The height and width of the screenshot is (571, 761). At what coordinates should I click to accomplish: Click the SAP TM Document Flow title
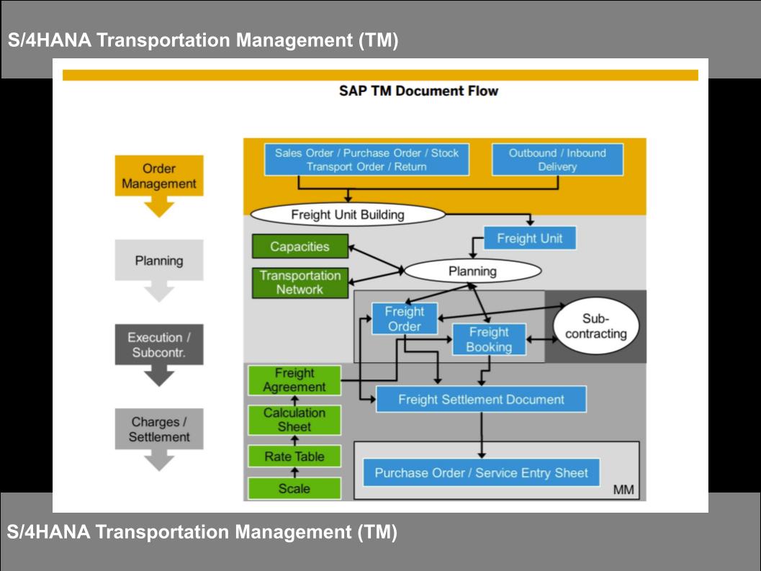coord(418,91)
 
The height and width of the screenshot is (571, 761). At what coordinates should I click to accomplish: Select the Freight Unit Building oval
coord(348,215)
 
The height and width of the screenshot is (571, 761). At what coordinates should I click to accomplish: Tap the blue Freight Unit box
coord(529,238)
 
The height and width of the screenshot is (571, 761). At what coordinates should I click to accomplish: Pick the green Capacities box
coord(300,246)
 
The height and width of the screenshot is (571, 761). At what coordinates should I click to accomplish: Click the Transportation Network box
coord(300,282)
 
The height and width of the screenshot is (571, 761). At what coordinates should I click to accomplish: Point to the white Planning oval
coord(473,271)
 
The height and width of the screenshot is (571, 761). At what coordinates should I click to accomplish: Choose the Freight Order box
coord(405,318)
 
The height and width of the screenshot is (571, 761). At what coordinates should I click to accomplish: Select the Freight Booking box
coord(489,339)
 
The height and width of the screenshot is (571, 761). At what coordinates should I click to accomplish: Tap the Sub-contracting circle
coord(596,325)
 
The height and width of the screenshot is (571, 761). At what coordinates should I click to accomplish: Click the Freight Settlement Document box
coord(481,399)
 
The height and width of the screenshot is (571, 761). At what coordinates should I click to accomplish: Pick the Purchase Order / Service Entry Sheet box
coord(481,472)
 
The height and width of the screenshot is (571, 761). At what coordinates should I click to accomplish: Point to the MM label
coord(623,490)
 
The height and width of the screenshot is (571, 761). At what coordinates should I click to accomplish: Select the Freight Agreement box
coord(294,380)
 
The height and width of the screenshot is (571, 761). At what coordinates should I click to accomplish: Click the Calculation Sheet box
coord(294,420)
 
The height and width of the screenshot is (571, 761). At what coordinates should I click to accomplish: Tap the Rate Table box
coord(294,457)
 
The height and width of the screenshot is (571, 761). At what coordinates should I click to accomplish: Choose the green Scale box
coord(294,488)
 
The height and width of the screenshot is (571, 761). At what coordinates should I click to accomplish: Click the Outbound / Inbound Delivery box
coord(557,160)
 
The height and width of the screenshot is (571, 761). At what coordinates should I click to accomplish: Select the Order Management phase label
coord(159,176)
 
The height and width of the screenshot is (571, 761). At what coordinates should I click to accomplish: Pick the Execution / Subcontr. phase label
coord(159,345)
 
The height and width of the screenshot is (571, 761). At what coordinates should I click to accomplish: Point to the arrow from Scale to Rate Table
coord(294,472)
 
